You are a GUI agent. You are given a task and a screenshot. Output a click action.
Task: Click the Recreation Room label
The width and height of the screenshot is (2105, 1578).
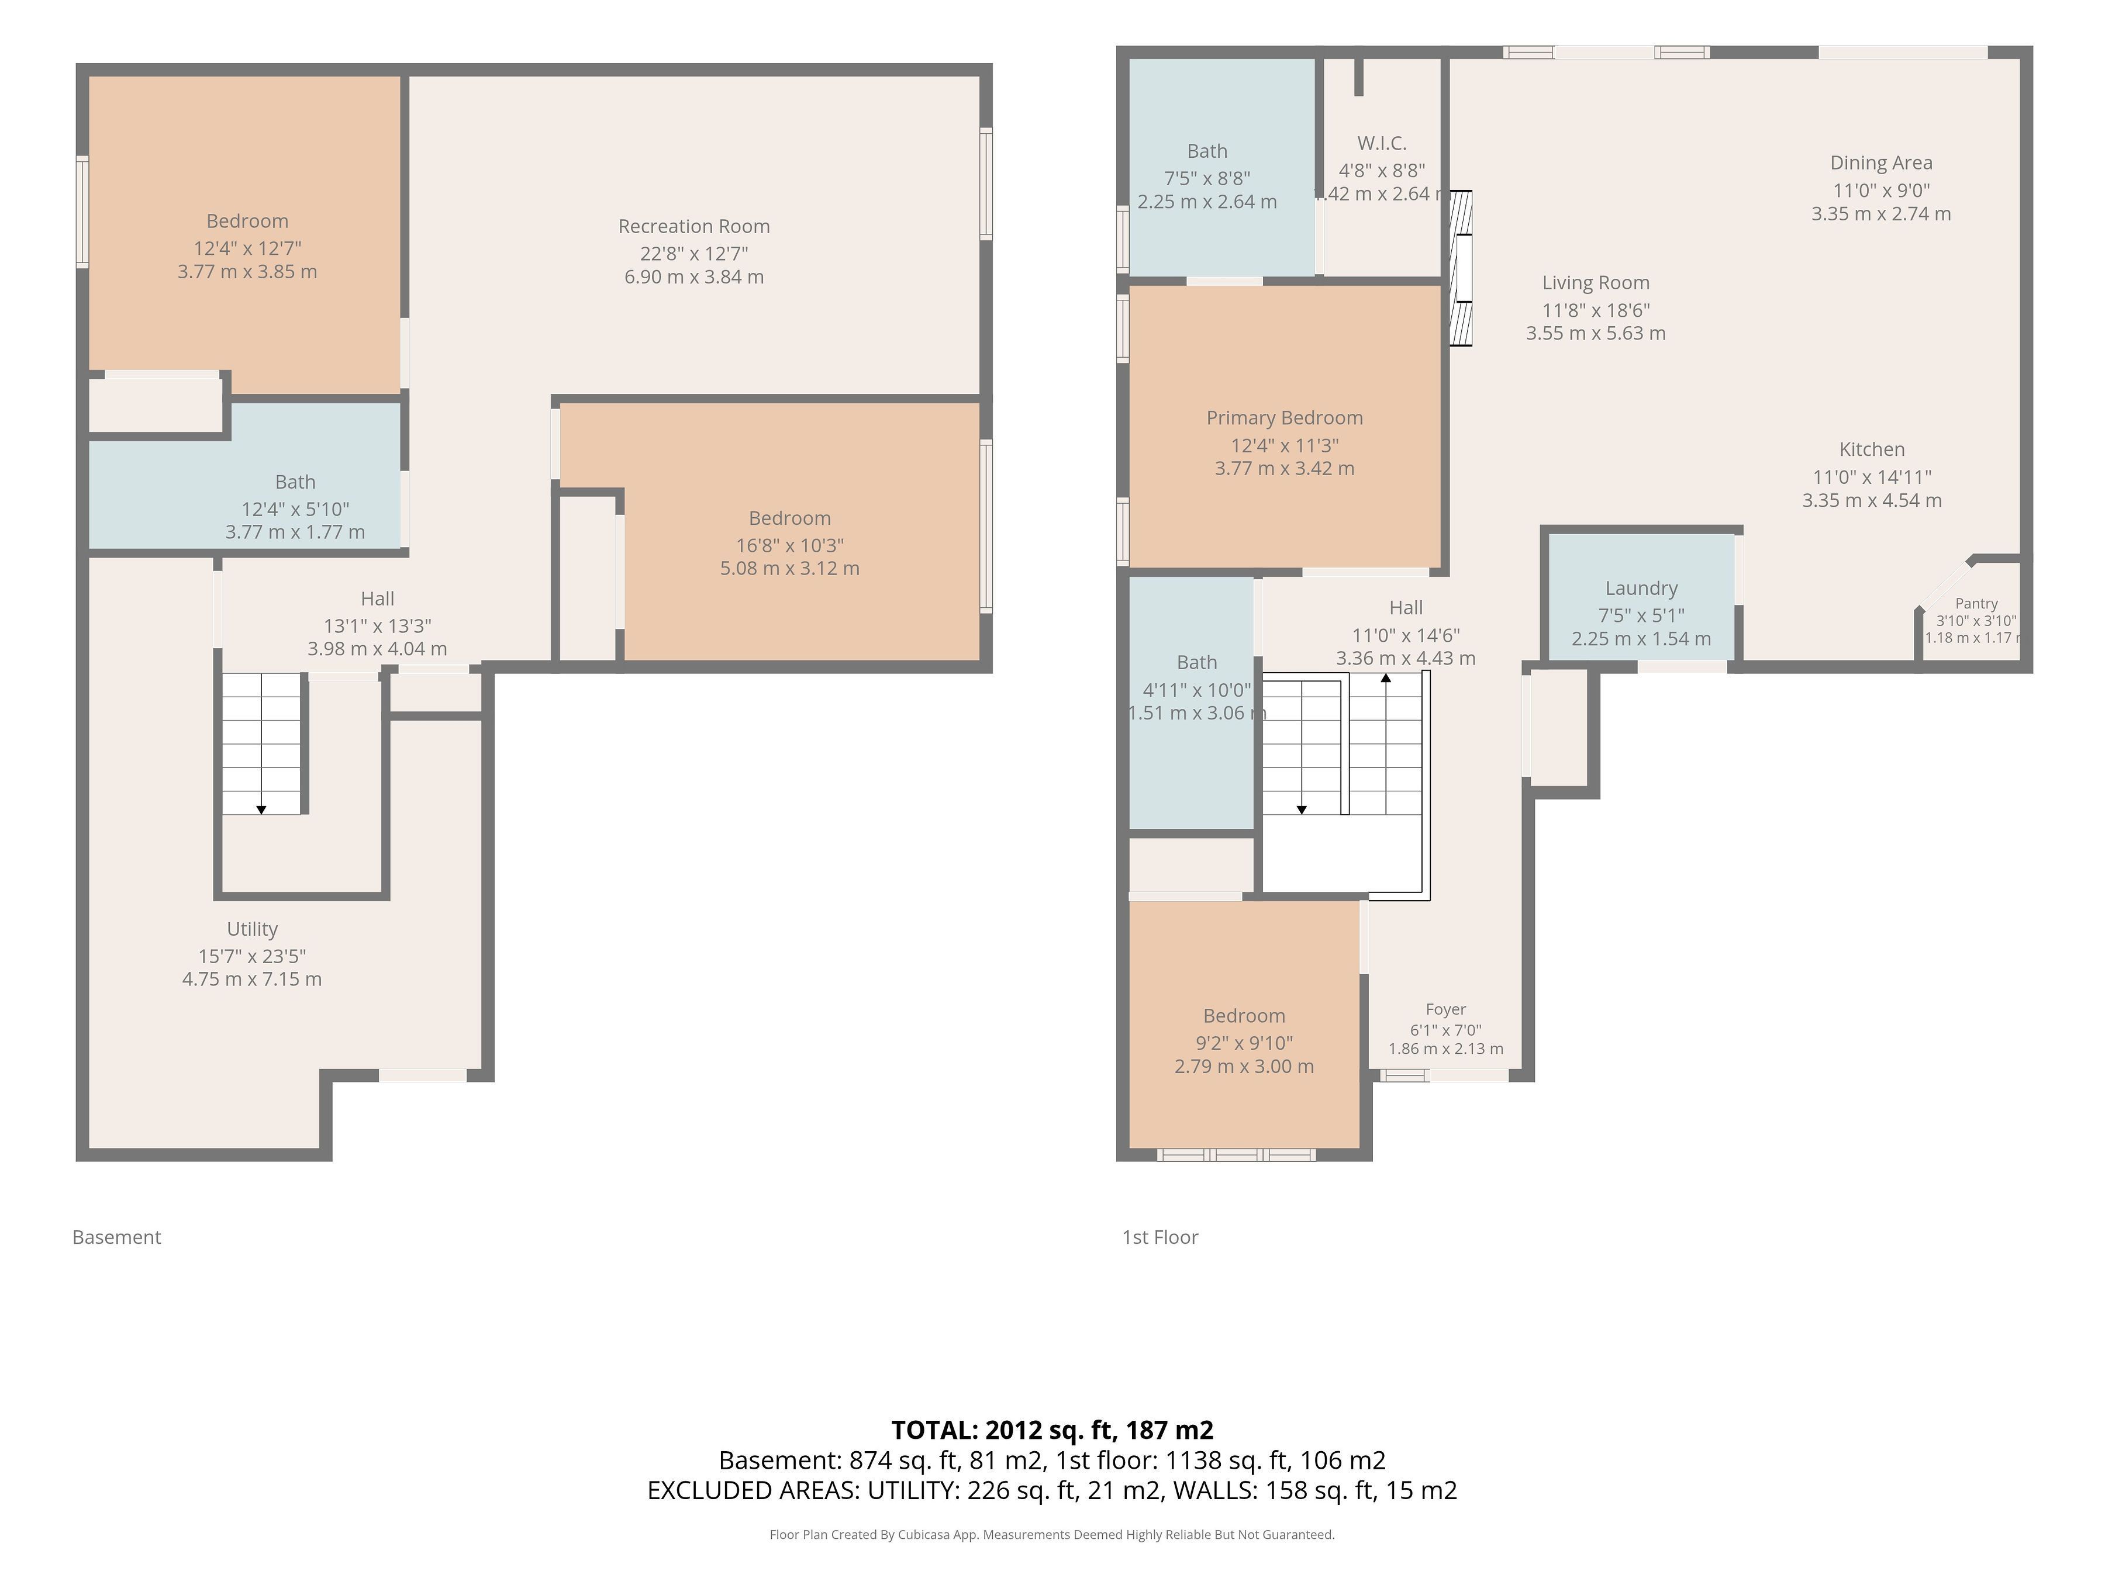[693, 226]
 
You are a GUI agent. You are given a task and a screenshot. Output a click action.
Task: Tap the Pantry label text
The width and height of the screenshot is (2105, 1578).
[1976, 603]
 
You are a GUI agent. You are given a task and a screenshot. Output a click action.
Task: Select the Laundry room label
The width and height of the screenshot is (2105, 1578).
[1641, 589]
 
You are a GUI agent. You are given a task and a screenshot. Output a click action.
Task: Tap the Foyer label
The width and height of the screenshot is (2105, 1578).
[1445, 1009]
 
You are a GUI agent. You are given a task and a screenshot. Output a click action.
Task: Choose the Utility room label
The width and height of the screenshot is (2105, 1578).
[252, 929]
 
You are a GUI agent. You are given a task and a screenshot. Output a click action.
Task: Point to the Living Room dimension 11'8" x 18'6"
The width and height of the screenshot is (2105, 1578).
[1596, 310]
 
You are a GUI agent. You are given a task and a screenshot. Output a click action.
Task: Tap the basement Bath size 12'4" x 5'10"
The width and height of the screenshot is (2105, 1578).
[295, 509]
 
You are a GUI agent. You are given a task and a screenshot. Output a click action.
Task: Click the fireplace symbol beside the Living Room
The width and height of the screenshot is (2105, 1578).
[1460, 268]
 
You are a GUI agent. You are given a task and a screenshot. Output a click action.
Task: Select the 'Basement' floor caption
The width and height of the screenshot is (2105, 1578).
[117, 1237]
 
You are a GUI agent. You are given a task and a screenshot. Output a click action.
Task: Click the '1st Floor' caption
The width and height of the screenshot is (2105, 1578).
[1160, 1237]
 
